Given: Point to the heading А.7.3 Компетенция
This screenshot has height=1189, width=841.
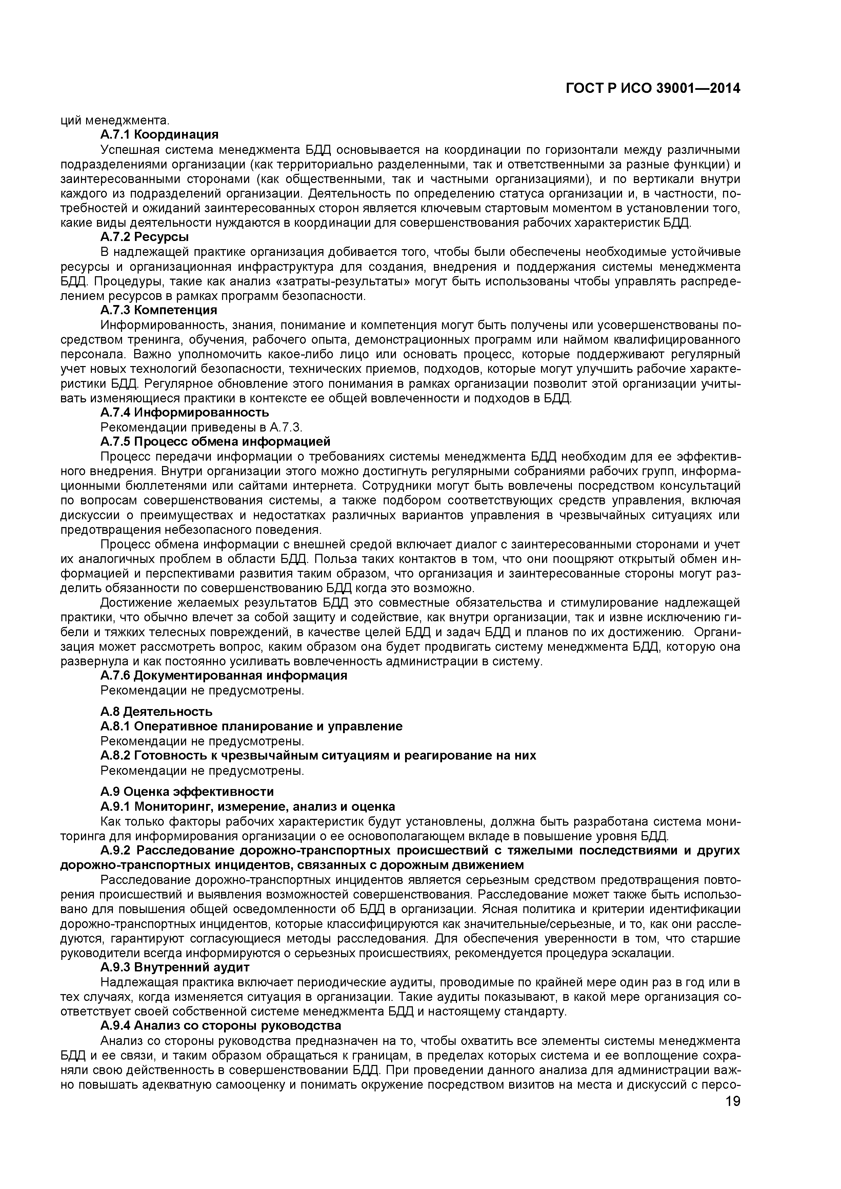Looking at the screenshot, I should tap(158, 310).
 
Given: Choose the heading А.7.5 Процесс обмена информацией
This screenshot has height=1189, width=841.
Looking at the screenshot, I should tap(215, 442).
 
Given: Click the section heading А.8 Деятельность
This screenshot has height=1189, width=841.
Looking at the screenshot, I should tap(156, 711).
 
